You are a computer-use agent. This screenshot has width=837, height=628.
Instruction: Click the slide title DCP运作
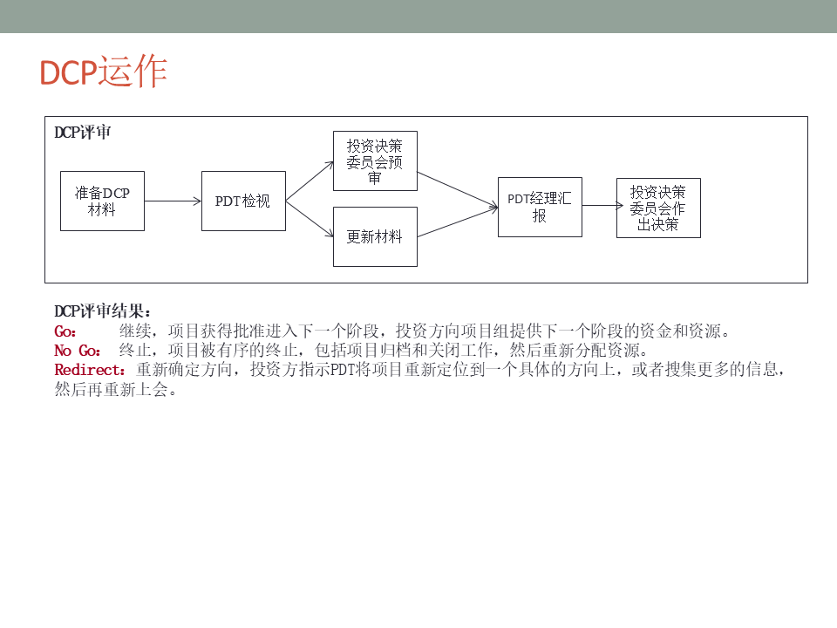pos(103,72)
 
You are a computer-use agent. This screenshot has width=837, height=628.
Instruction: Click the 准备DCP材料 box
pos(102,201)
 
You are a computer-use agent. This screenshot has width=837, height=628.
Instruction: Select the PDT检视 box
pos(243,201)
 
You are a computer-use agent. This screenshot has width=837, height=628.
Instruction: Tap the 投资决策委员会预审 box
pos(375,161)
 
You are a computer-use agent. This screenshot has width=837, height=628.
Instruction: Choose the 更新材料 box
pos(375,236)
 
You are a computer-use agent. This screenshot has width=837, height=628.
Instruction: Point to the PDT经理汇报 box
pos(540,207)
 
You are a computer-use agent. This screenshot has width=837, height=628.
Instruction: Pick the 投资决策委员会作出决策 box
pos(658,208)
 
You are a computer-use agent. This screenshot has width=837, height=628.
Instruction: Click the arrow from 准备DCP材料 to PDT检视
pos(173,201)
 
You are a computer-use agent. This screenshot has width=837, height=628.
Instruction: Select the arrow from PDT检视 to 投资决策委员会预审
pos(310,181)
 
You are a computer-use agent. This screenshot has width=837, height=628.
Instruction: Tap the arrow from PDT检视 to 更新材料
pos(310,218)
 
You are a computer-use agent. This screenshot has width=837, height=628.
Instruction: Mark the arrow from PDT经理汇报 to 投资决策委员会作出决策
pos(599,206)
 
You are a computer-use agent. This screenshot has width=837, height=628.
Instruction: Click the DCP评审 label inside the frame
pos(82,133)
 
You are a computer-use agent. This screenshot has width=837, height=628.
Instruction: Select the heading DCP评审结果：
pos(103,311)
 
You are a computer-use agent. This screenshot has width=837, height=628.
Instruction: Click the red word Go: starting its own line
pos(65,331)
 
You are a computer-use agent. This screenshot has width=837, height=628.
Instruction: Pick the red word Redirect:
pos(91,370)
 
